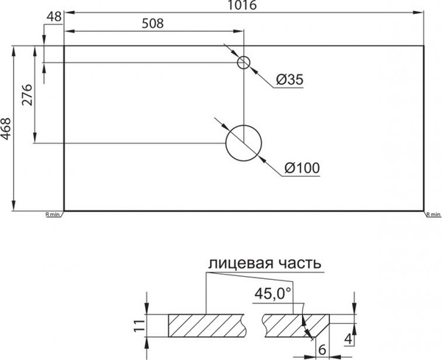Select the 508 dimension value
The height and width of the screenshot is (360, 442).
[151, 23]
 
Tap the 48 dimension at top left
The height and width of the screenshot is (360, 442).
[53, 16]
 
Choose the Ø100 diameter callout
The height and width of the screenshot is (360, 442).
[301, 169]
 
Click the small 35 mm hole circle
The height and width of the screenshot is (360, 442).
[244, 62]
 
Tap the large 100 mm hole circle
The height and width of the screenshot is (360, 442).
[244, 143]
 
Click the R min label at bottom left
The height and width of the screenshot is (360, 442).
[53, 215]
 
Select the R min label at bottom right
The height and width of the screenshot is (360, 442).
[432, 215]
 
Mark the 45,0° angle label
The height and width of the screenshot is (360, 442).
[273, 294]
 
